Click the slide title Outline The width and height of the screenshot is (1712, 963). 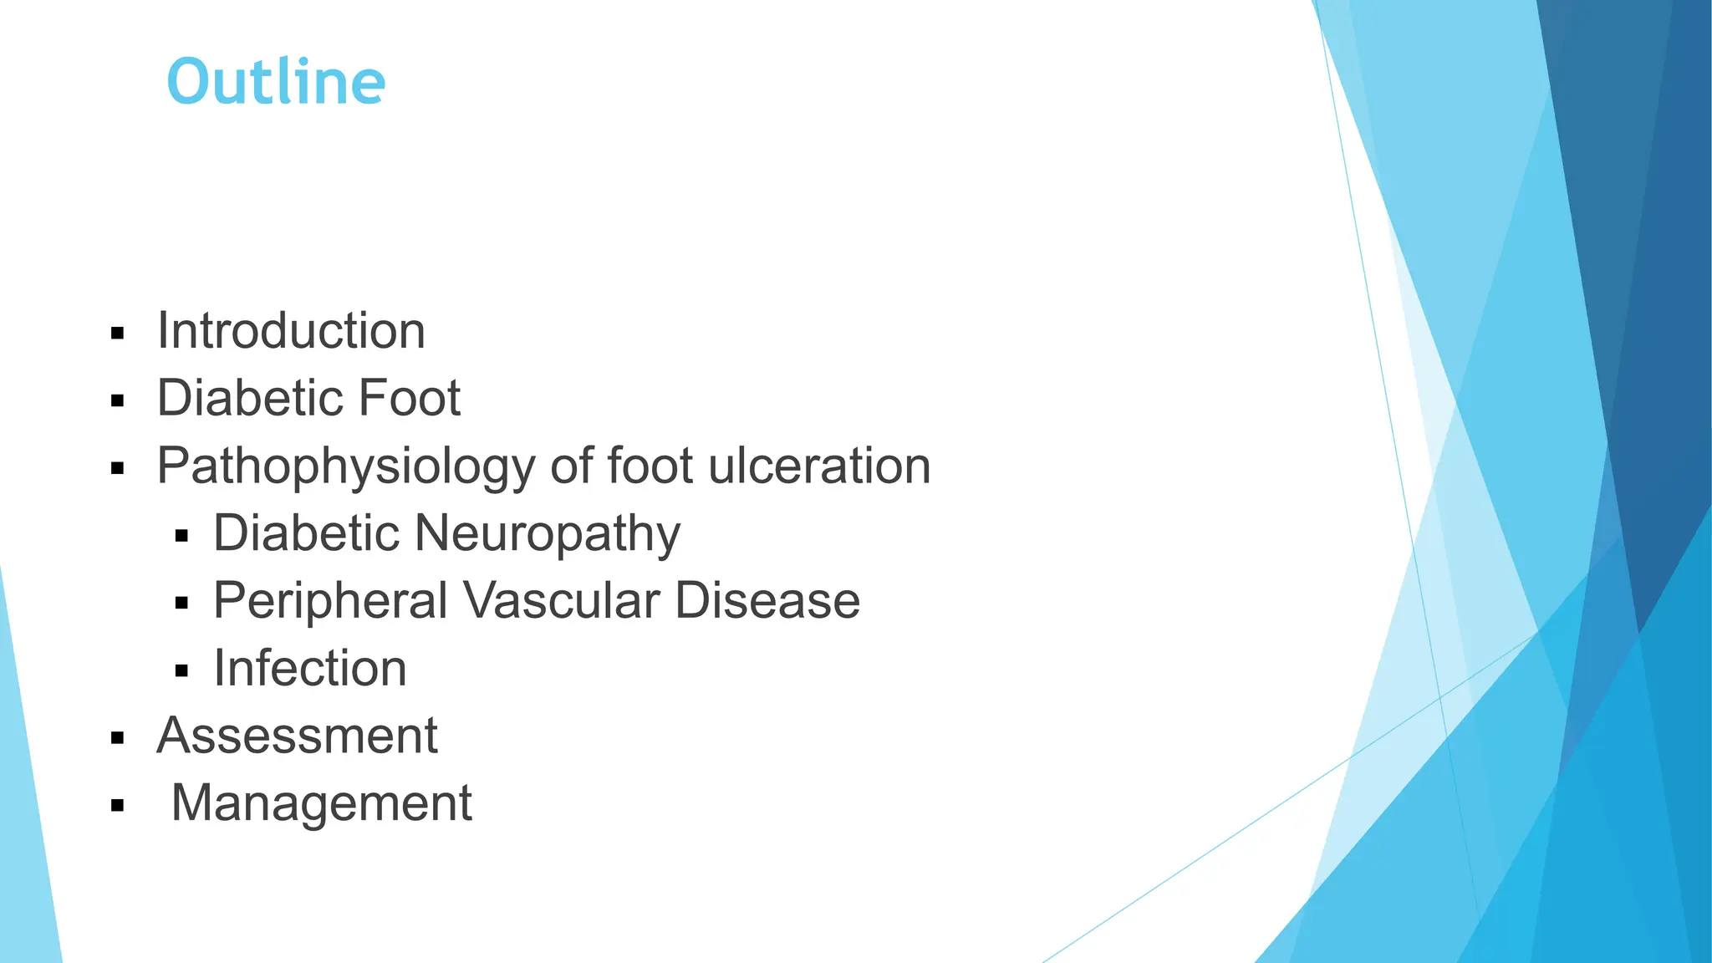tap(276, 82)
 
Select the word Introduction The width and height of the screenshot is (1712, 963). tap(291, 331)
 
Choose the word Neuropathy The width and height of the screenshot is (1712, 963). tap(548, 534)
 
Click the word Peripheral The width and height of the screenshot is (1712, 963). tap(330, 601)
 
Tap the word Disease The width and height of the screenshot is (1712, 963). tap(767, 601)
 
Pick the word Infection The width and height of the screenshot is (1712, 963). tap(310, 669)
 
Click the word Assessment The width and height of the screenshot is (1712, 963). tap(297, 736)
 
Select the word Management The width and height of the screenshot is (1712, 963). tap(321, 803)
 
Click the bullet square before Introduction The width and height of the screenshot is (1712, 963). tap(117, 334)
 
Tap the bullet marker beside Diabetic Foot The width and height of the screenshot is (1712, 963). tap(117, 401)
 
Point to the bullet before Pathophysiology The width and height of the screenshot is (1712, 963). tap(117, 469)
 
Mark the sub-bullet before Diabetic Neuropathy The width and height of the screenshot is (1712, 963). tap(182, 536)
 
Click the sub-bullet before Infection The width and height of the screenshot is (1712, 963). tap(182, 671)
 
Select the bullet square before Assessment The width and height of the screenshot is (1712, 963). tap(117, 739)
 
